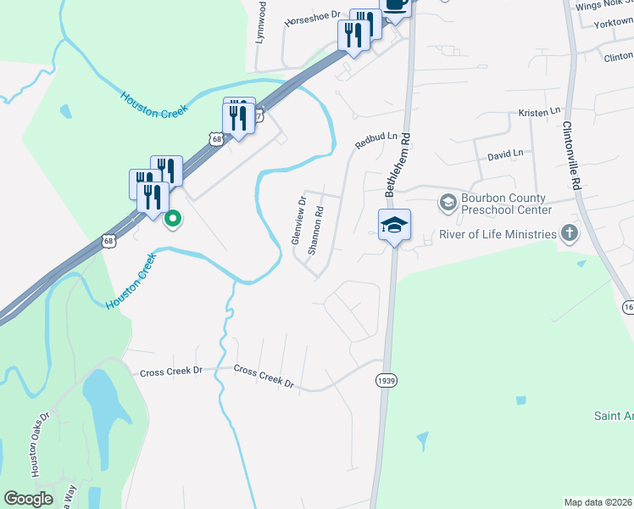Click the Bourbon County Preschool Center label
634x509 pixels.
click(506, 204)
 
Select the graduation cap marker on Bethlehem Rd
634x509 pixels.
click(394, 226)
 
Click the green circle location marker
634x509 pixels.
click(173, 219)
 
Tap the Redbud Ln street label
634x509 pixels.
click(376, 140)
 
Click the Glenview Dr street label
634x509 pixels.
click(298, 221)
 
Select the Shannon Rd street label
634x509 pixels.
click(315, 232)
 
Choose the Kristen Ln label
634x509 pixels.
click(540, 112)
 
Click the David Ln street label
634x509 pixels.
click(505, 155)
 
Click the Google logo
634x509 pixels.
click(28, 499)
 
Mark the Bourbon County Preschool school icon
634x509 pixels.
click(448, 204)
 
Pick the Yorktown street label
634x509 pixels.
click(614, 25)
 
